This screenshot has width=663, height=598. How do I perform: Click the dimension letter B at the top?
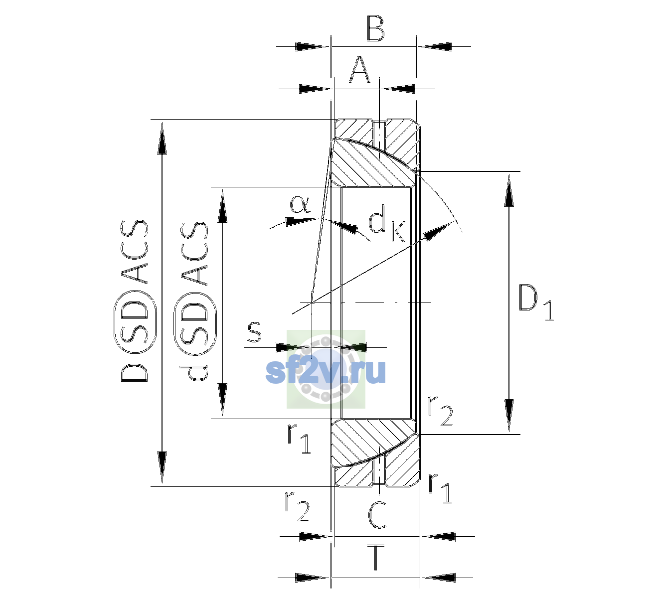point(376,29)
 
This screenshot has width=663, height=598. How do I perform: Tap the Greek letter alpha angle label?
point(300,204)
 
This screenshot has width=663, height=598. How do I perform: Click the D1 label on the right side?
point(536,301)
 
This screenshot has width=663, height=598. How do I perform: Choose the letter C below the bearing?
point(377,515)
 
